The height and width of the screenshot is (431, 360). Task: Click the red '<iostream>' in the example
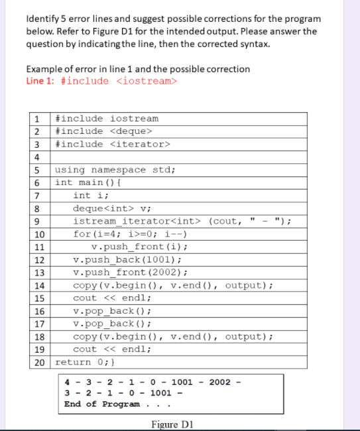147,81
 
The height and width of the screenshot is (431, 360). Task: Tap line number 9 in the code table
38,221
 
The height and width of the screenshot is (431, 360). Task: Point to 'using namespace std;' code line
115,170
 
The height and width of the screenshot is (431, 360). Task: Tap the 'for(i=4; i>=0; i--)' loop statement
131,233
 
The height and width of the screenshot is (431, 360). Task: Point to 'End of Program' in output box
102,404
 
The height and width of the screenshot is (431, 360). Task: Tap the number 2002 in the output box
220,381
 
